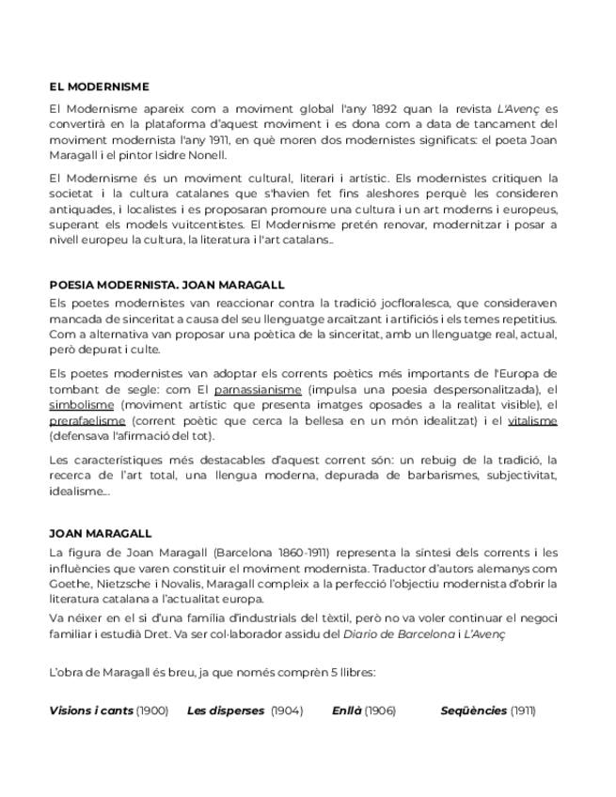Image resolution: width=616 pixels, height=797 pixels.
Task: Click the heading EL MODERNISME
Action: (x=99, y=86)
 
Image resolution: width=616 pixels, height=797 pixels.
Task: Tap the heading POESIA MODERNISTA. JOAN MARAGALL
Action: (x=166, y=284)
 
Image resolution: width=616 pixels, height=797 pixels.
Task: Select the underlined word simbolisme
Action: (x=81, y=404)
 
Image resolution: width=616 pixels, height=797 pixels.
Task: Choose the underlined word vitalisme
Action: (x=532, y=420)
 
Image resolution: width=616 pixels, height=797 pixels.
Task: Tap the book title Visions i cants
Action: (x=91, y=711)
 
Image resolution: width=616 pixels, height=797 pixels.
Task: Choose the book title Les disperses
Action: (x=226, y=711)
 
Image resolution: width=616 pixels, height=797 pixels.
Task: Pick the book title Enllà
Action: (x=346, y=711)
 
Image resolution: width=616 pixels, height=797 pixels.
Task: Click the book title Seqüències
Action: (x=473, y=711)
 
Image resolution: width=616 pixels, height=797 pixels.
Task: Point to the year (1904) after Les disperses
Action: (x=287, y=711)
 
